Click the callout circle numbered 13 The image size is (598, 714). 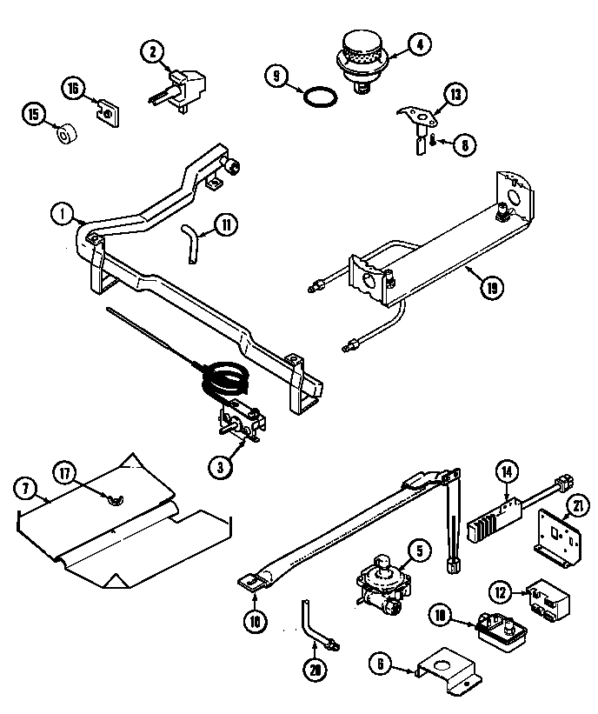[x=455, y=94]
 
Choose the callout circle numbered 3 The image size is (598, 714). [x=221, y=466]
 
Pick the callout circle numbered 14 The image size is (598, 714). [x=507, y=472]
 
